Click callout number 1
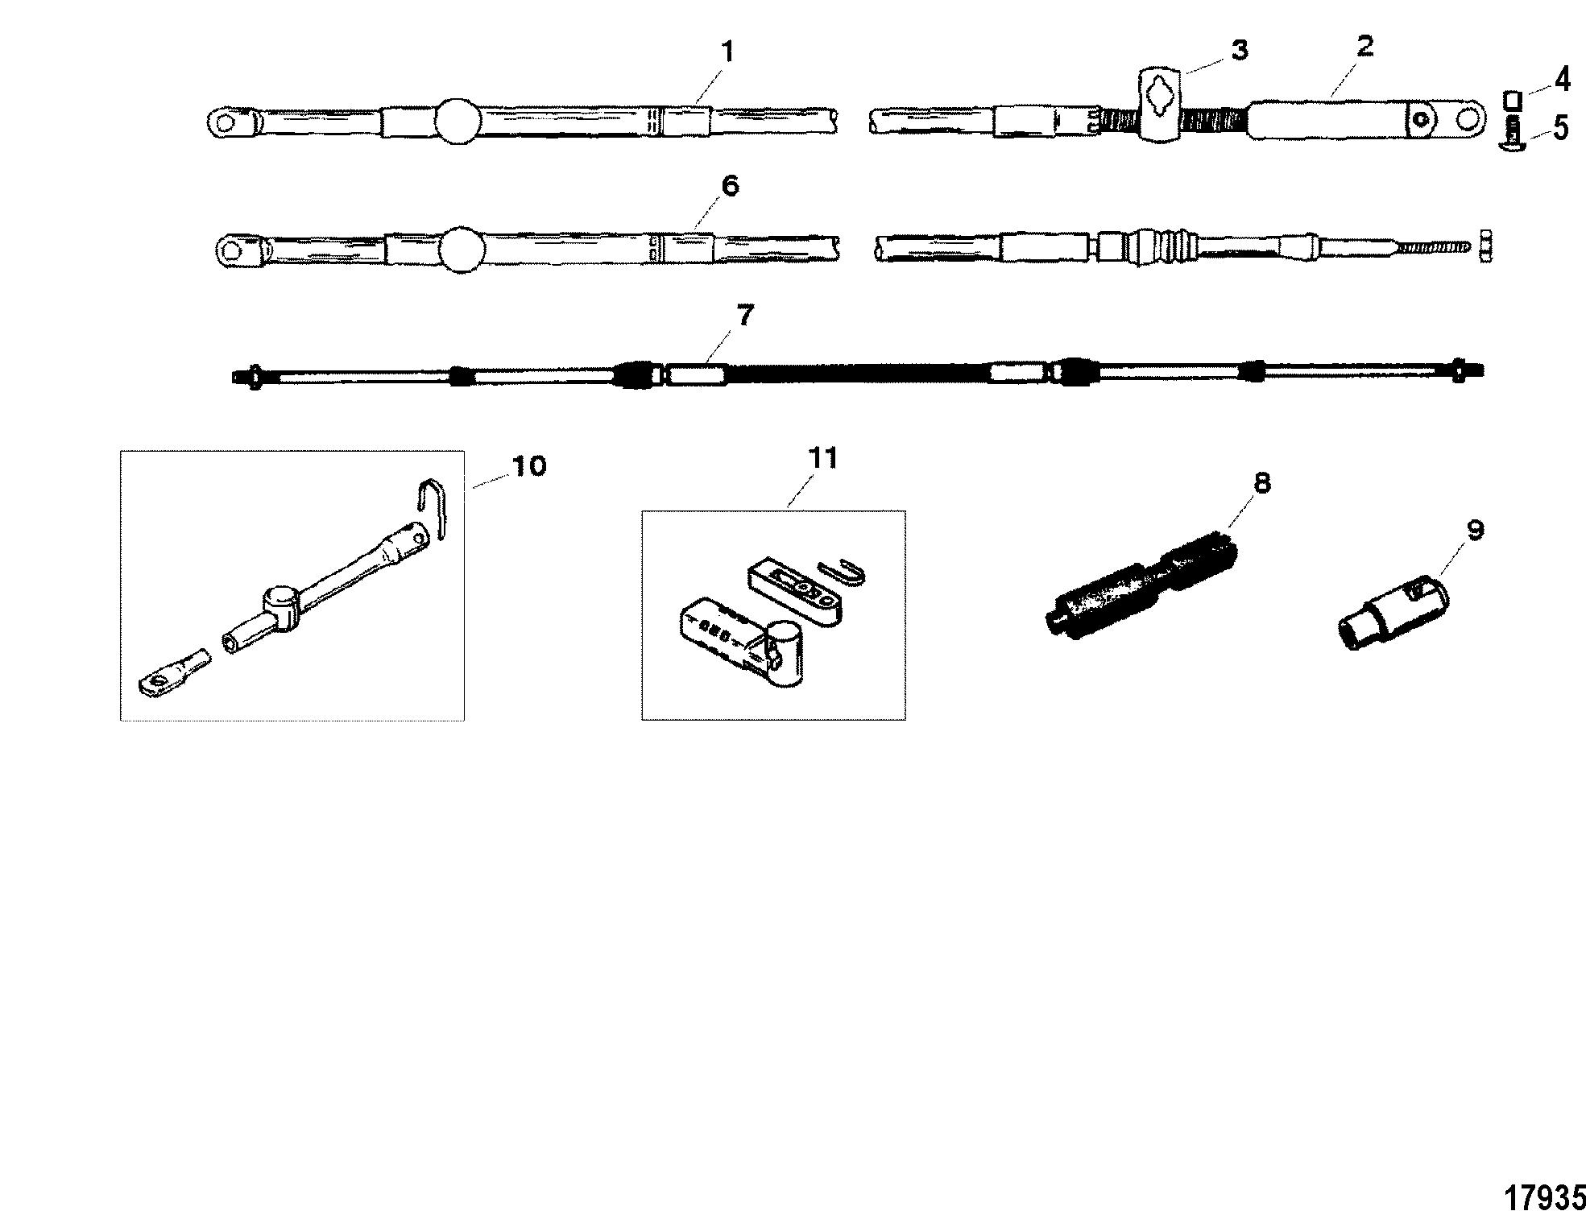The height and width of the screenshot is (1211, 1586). pyautogui.click(x=727, y=53)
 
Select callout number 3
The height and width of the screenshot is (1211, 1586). pyautogui.click(x=1240, y=50)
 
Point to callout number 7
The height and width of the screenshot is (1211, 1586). pyautogui.click(x=745, y=316)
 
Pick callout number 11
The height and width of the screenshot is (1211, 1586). pyautogui.click(x=822, y=459)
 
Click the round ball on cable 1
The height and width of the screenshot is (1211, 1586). pyautogui.click(x=458, y=122)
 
